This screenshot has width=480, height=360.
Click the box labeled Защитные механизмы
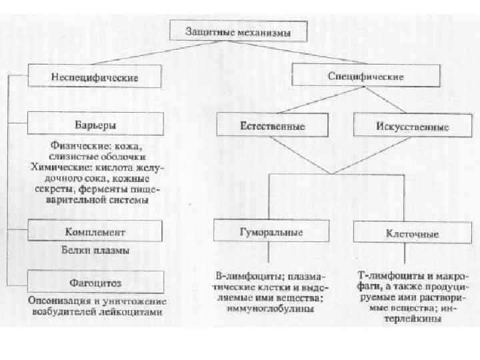tap(238, 31)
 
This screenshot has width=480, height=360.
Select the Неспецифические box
tap(95, 77)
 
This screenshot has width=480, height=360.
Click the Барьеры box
tap(95, 125)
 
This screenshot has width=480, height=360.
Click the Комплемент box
tap(95, 231)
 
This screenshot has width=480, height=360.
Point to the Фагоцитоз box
tap(95, 281)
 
